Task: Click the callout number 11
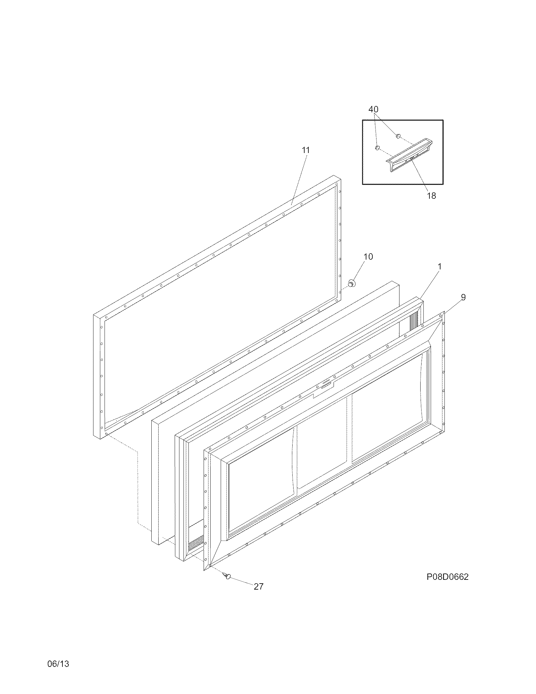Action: (306, 150)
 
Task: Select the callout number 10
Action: (368, 256)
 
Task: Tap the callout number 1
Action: (440, 267)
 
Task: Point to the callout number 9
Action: (463, 297)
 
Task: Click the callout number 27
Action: (259, 587)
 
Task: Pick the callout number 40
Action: (373, 109)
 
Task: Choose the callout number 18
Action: (431, 196)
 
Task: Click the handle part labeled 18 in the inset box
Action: (409, 156)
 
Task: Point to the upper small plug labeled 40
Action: (398, 136)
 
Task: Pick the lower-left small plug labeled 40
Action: (377, 148)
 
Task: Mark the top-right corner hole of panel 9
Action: (440, 315)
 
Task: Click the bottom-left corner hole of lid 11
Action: (106, 433)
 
